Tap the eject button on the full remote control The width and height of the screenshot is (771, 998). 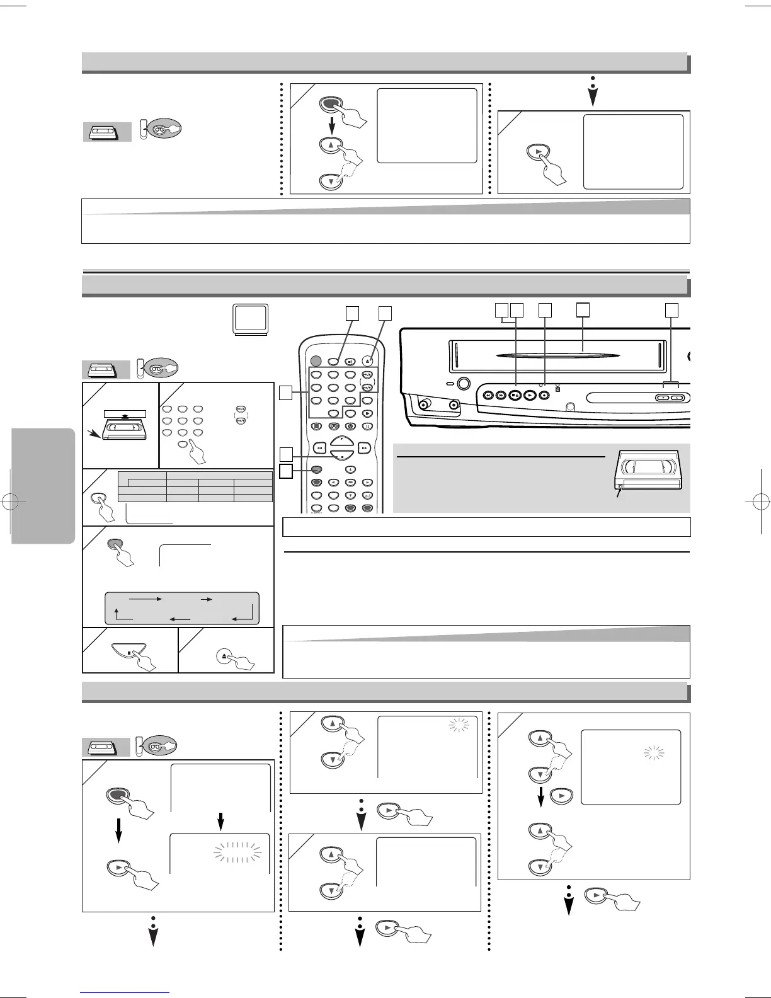pos(367,362)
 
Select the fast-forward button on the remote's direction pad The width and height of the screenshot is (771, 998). pos(364,448)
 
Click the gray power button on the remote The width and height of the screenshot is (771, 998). pos(315,361)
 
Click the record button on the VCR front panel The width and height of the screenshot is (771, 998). pos(544,396)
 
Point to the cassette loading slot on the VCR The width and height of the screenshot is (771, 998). pos(554,356)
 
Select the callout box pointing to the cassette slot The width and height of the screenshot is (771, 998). pos(583,309)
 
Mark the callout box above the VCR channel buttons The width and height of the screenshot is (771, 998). pos(673,309)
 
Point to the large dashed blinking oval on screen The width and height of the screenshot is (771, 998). pos(237,852)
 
